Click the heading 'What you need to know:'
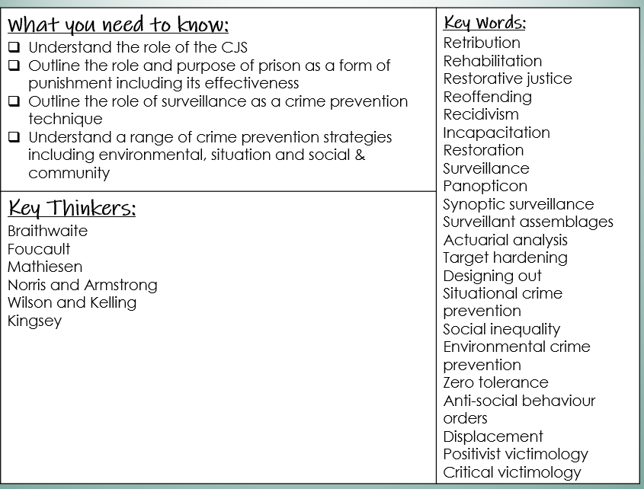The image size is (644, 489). click(118, 25)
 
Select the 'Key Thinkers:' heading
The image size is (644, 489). click(72, 208)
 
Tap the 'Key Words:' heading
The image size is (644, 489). click(485, 22)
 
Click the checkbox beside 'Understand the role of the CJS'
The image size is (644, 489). click(14, 47)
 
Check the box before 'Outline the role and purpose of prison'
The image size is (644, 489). click(14, 66)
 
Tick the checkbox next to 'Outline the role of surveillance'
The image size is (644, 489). click(14, 101)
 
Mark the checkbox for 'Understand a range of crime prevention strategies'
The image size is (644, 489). click(14, 137)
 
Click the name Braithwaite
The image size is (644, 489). click(47, 231)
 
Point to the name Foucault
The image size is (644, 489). click(39, 249)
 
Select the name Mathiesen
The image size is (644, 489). click(45, 267)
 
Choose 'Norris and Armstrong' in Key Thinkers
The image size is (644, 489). click(82, 285)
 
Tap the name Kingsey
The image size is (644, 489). click(34, 321)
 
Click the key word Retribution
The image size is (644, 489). click(482, 43)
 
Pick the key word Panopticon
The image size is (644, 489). click(485, 186)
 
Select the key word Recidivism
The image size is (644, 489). click(481, 114)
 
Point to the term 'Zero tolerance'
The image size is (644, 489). click(495, 382)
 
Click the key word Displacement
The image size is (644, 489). click(493, 436)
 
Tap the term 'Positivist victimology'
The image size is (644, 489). click(516, 454)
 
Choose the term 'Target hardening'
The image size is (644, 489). click(505, 257)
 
